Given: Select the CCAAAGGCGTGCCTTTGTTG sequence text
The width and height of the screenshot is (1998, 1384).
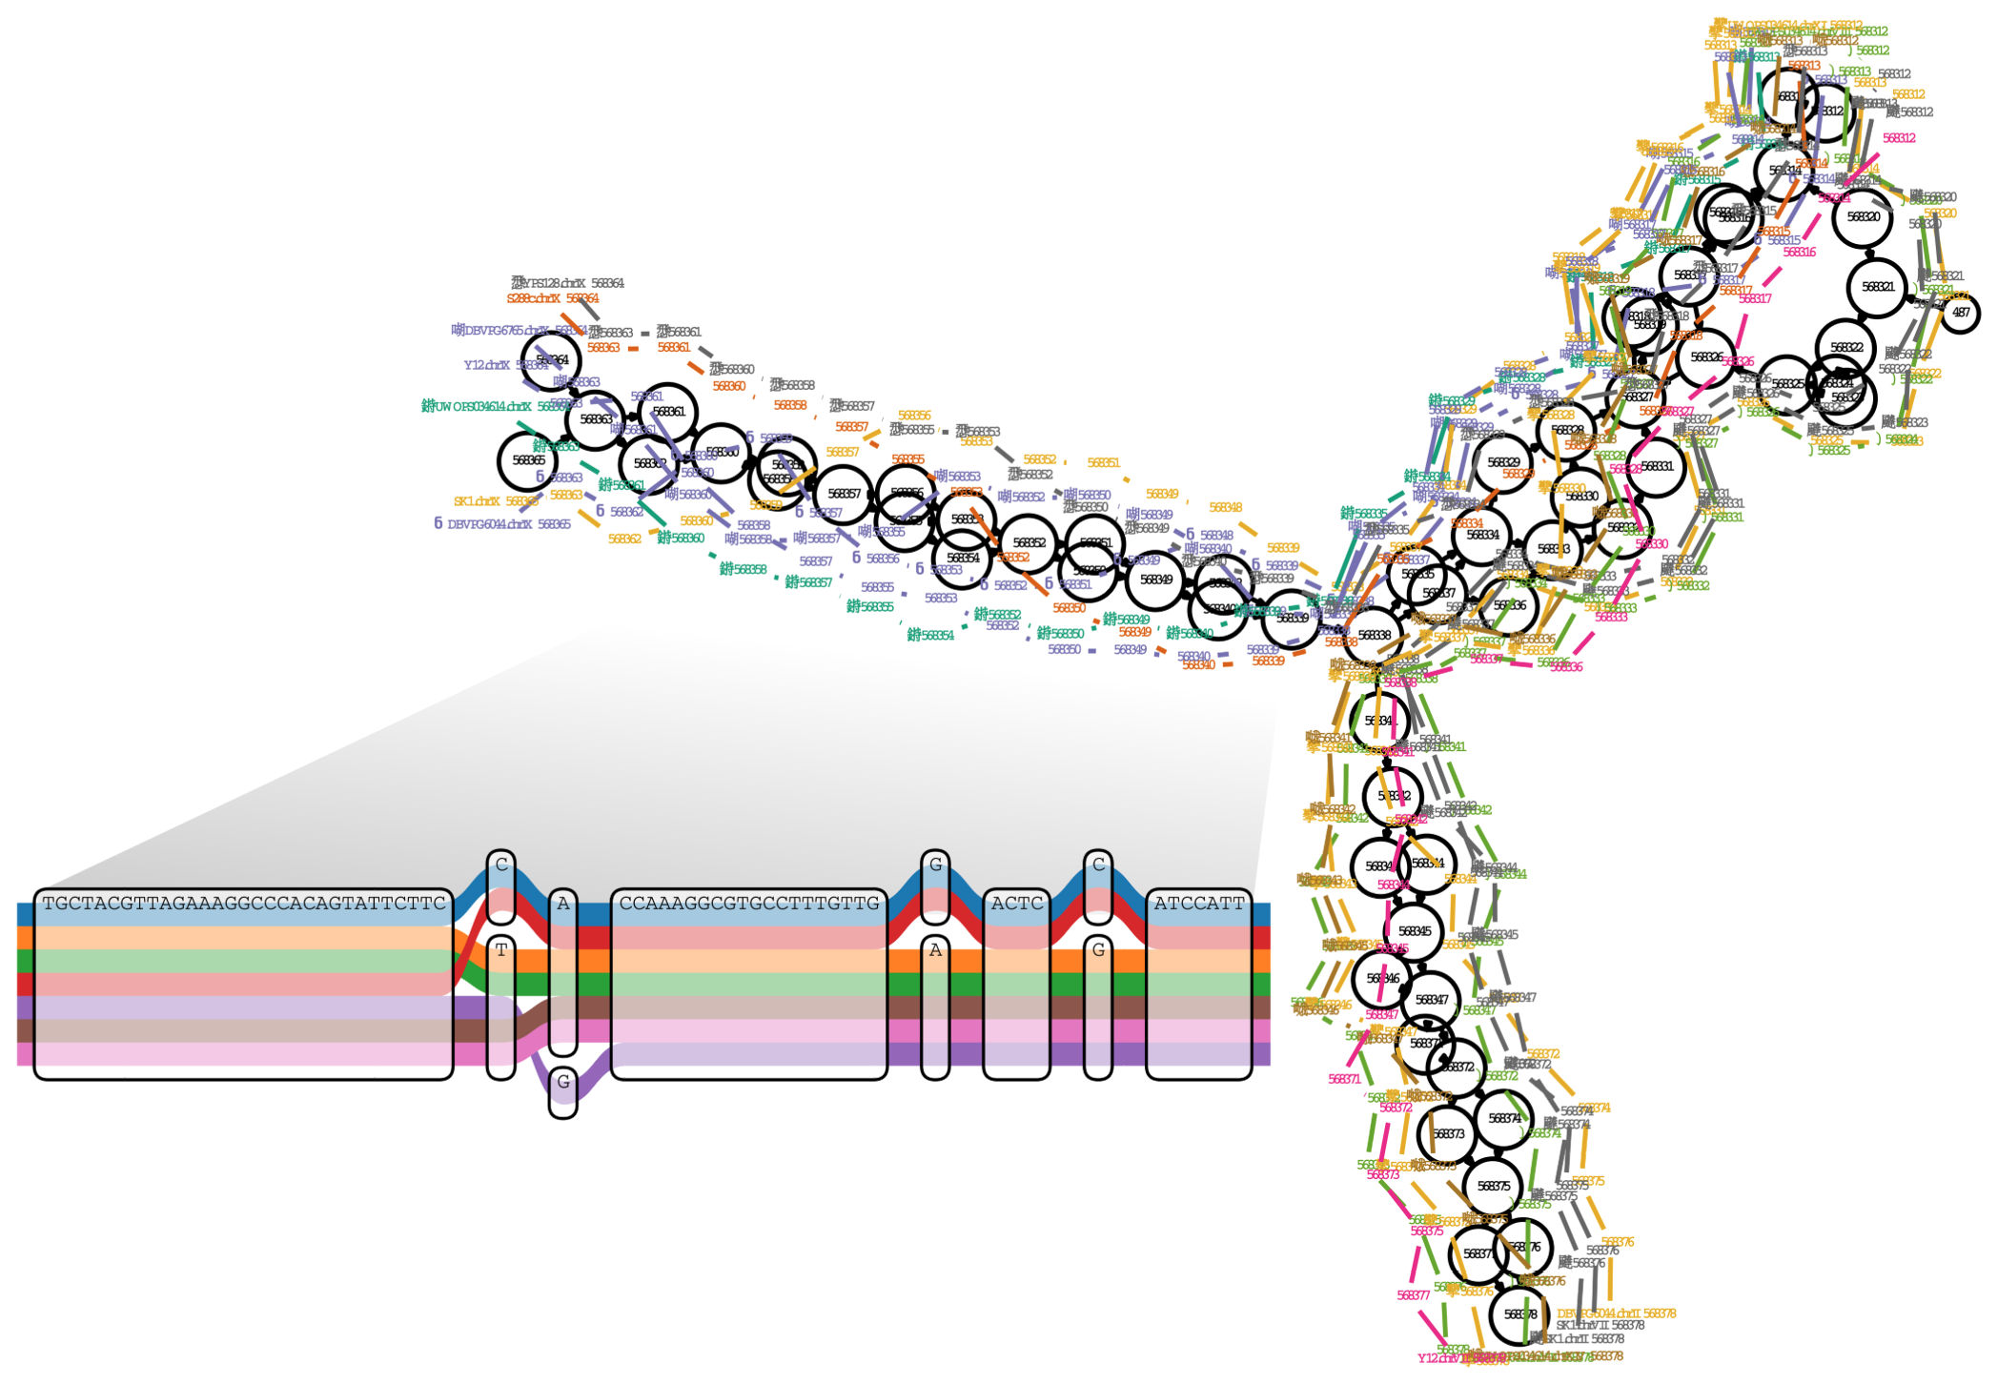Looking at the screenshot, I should (x=749, y=903).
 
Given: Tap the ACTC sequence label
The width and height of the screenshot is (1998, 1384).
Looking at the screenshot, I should (x=1016, y=903).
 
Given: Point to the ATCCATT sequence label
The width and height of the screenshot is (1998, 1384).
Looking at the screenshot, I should (x=1198, y=903).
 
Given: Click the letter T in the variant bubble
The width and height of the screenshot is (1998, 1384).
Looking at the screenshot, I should (x=501, y=950).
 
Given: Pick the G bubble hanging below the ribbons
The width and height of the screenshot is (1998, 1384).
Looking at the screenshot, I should (x=563, y=1082).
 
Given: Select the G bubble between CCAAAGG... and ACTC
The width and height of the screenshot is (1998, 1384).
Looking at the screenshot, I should (x=935, y=865).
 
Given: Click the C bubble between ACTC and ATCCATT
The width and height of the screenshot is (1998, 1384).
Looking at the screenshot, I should (x=1098, y=865).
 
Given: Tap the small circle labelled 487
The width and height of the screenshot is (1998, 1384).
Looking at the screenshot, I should (x=1960, y=313).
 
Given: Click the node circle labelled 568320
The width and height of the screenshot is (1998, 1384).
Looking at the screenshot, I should (x=1863, y=217).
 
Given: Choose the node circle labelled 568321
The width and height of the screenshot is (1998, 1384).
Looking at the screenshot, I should (x=1878, y=287).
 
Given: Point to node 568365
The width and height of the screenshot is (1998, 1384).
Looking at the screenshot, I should (x=528, y=460).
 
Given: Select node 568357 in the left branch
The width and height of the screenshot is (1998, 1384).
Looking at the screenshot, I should (x=844, y=494).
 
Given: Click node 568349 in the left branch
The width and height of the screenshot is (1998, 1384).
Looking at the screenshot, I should (x=1155, y=580).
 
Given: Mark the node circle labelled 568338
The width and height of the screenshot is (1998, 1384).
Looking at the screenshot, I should (x=1374, y=635).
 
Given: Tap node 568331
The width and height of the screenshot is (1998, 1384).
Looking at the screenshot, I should (x=1656, y=467).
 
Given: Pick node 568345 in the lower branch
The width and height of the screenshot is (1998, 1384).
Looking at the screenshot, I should (x=1415, y=931).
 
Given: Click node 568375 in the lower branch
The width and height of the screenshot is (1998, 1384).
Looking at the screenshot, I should (x=1493, y=1187).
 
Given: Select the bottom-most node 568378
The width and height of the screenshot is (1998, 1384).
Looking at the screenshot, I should (x=1519, y=1314).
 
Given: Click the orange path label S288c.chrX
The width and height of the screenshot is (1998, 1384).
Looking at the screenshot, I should (x=533, y=299).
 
